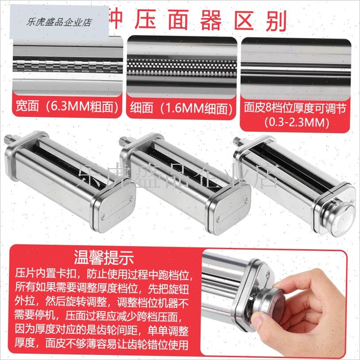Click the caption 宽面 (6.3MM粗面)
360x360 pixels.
pos(66,108)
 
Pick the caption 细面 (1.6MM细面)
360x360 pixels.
pos(182,108)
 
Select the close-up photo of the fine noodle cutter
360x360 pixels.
pos(182,67)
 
